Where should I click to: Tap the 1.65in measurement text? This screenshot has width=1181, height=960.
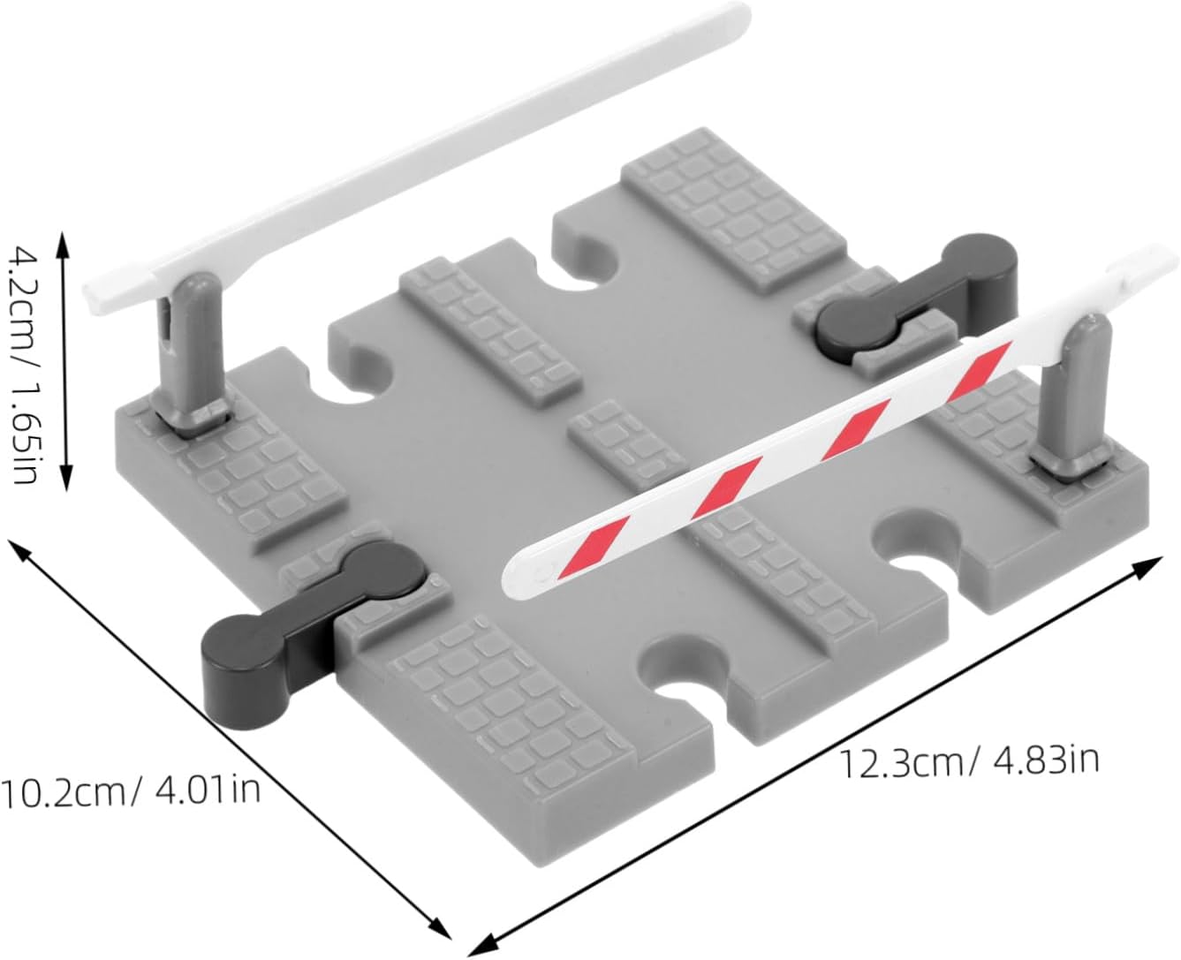[x=22, y=427]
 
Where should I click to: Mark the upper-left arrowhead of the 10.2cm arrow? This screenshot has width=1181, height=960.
[x=16, y=550]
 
